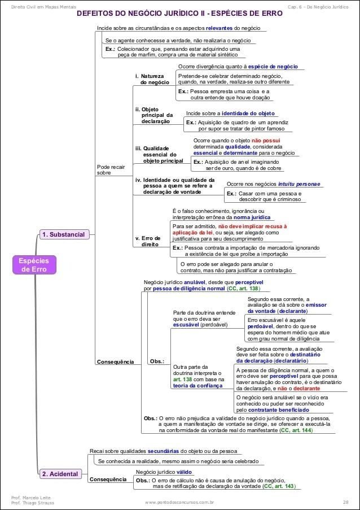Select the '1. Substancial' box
[x=64, y=234]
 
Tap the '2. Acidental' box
[x=60, y=473]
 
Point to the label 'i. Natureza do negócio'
[x=151, y=79]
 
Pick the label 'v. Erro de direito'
[x=148, y=242]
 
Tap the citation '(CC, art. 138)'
[x=243, y=289]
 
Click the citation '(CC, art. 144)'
[x=296, y=430]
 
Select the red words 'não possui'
[x=267, y=140]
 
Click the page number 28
[x=345, y=502]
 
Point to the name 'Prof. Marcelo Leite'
[x=29, y=498]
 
